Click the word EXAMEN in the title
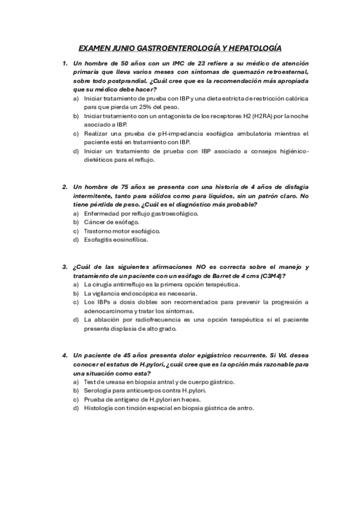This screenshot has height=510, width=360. pos(95,48)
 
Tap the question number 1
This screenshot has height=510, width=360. pos(65,63)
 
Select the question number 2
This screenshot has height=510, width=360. pos(65,188)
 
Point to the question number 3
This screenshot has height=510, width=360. pos(65,267)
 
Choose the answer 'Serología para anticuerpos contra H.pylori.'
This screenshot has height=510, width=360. pos(144,390)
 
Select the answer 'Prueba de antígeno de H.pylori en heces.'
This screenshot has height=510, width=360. pos(142,399)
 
